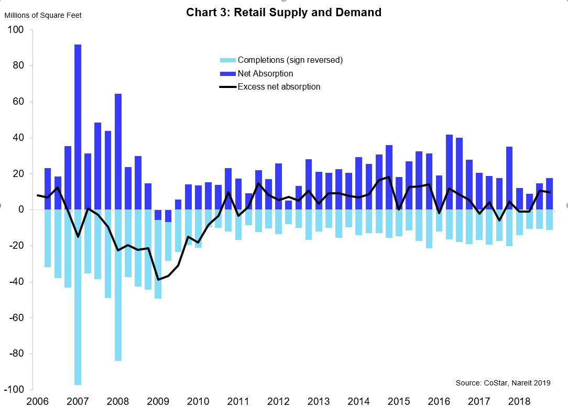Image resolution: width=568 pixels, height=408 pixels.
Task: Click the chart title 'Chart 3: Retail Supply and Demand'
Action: click(x=283, y=12)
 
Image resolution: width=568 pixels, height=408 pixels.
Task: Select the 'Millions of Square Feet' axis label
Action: click(x=43, y=15)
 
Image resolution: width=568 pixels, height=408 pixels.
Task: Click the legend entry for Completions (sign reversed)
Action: click(x=290, y=60)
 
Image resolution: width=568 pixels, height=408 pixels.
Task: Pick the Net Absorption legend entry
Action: click(x=265, y=73)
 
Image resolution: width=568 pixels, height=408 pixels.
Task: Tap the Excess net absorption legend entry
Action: click(x=279, y=86)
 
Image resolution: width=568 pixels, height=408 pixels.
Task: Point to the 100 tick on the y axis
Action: click(x=16, y=30)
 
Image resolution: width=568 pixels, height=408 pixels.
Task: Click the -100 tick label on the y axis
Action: click(x=14, y=390)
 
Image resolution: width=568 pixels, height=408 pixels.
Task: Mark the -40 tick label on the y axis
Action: click(x=16, y=282)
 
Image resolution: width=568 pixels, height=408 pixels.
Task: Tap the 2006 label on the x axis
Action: click(x=38, y=401)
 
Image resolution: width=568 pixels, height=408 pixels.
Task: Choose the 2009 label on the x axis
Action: click(x=158, y=401)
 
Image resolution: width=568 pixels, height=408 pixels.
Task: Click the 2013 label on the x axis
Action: click(x=318, y=401)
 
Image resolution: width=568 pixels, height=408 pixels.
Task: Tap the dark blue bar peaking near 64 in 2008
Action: click(x=118, y=151)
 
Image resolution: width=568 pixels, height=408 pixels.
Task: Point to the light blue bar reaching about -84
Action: click(x=118, y=285)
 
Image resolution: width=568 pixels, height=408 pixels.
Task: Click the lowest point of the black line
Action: click(x=158, y=280)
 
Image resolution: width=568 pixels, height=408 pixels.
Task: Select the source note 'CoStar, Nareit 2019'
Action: click(x=503, y=383)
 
